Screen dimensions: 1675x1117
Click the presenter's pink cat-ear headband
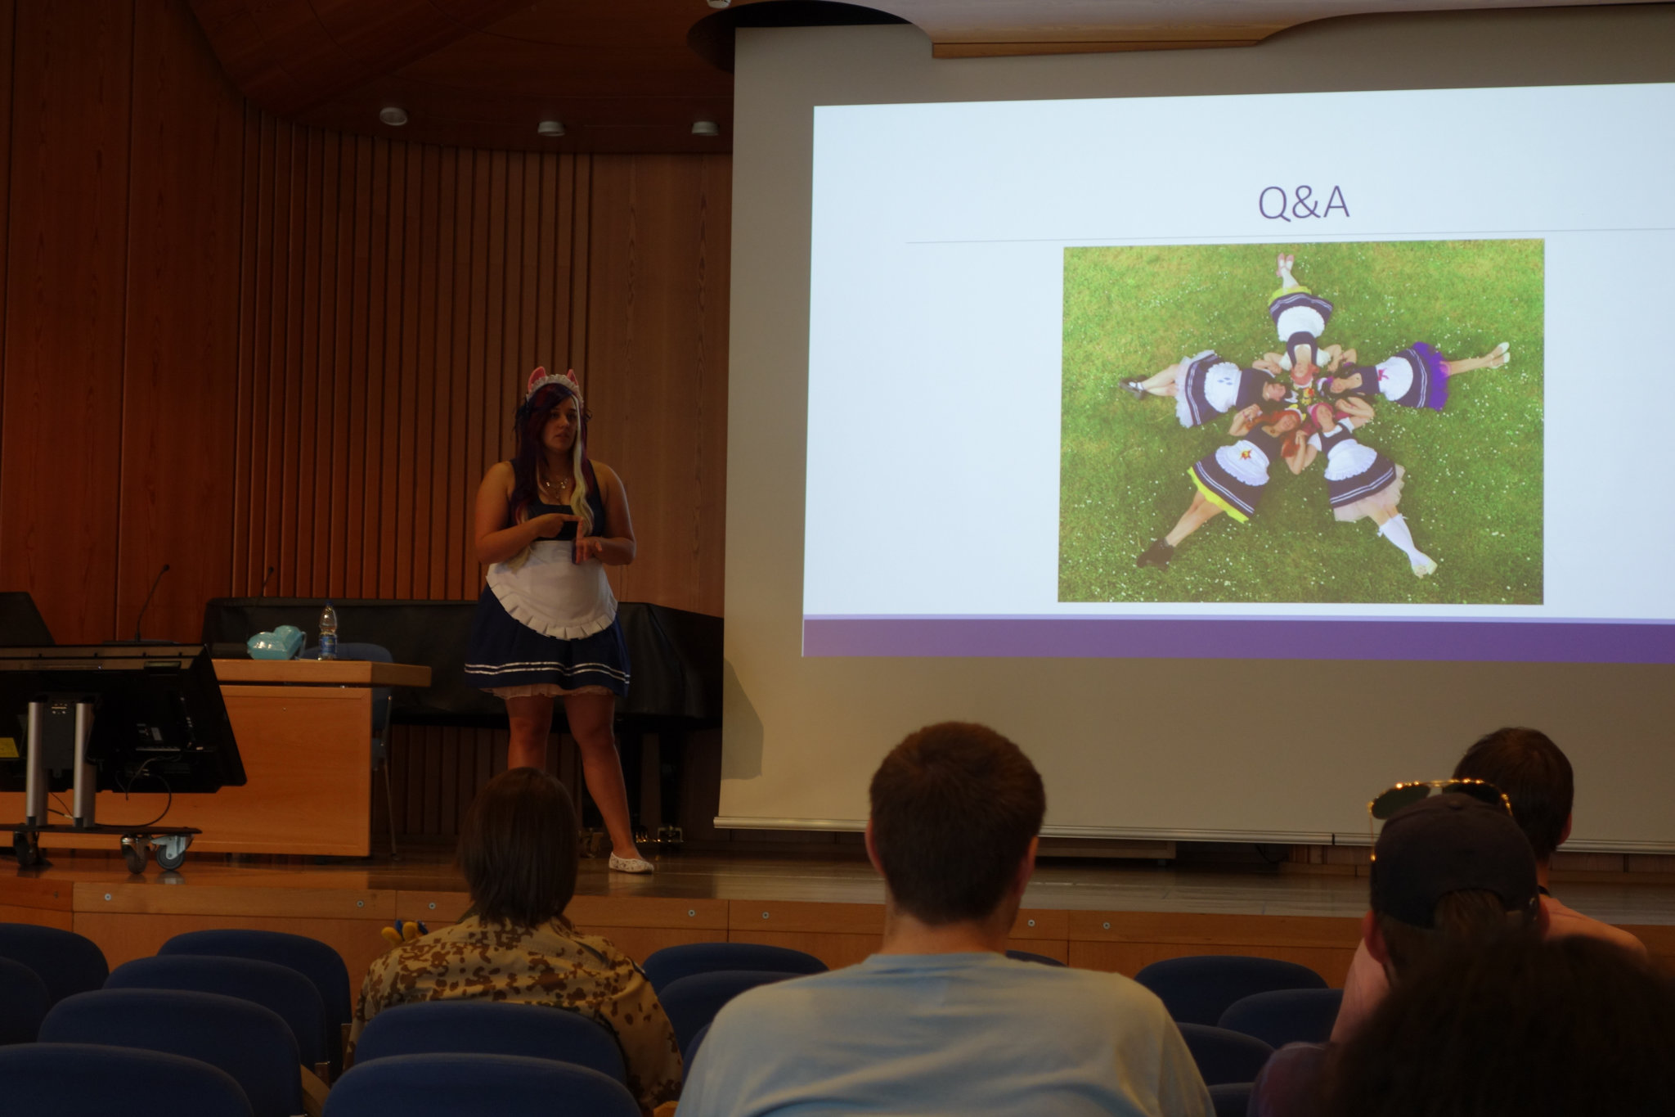point(553,382)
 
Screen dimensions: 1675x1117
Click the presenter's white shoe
point(631,862)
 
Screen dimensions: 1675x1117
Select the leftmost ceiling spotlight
point(393,115)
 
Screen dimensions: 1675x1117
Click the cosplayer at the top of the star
point(1299,315)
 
